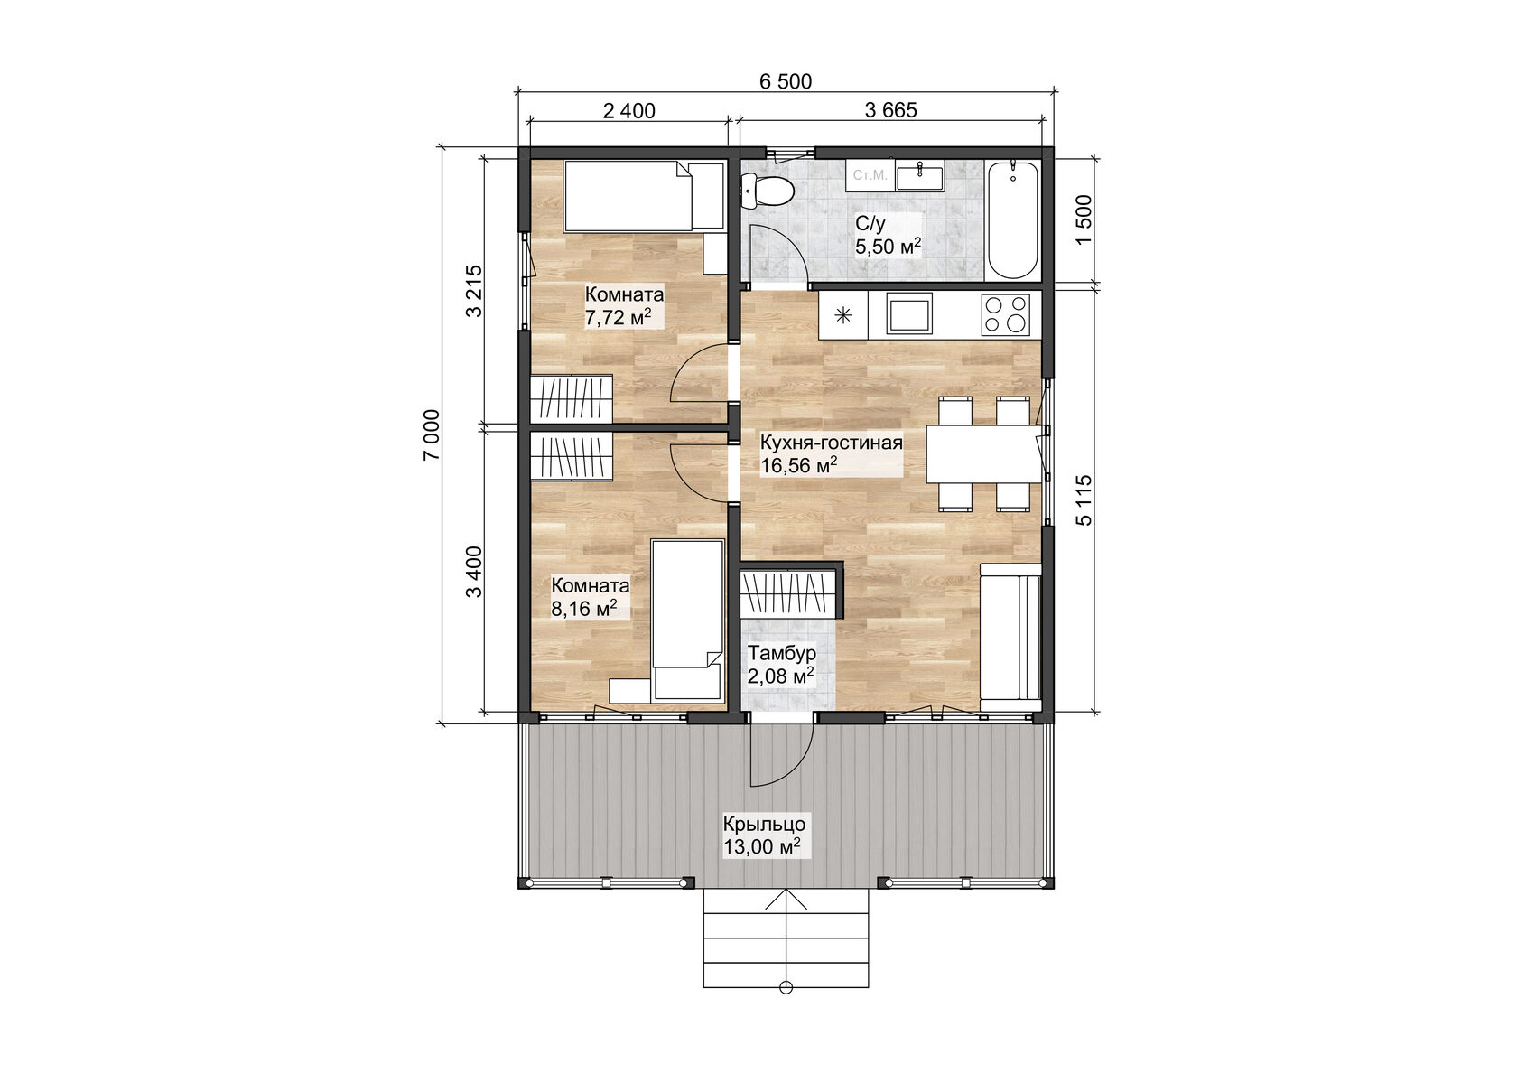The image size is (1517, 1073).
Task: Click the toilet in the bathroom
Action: (768, 191)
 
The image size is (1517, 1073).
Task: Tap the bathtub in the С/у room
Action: (1012, 220)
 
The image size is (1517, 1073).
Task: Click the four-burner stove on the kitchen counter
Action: (1006, 314)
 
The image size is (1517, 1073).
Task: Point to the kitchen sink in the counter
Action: (909, 315)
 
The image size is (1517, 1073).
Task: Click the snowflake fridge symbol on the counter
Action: (842, 315)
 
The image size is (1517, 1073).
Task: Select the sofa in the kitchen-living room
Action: (1010, 636)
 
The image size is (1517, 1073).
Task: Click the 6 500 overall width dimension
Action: (785, 81)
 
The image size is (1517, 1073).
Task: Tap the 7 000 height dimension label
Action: (433, 434)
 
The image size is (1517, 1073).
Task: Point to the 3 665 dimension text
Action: (890, 110)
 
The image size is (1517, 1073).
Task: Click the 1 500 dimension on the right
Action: (1084, 219)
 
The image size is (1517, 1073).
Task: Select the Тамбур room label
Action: (782, 653)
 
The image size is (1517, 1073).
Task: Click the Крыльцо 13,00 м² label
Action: (763, 835)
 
